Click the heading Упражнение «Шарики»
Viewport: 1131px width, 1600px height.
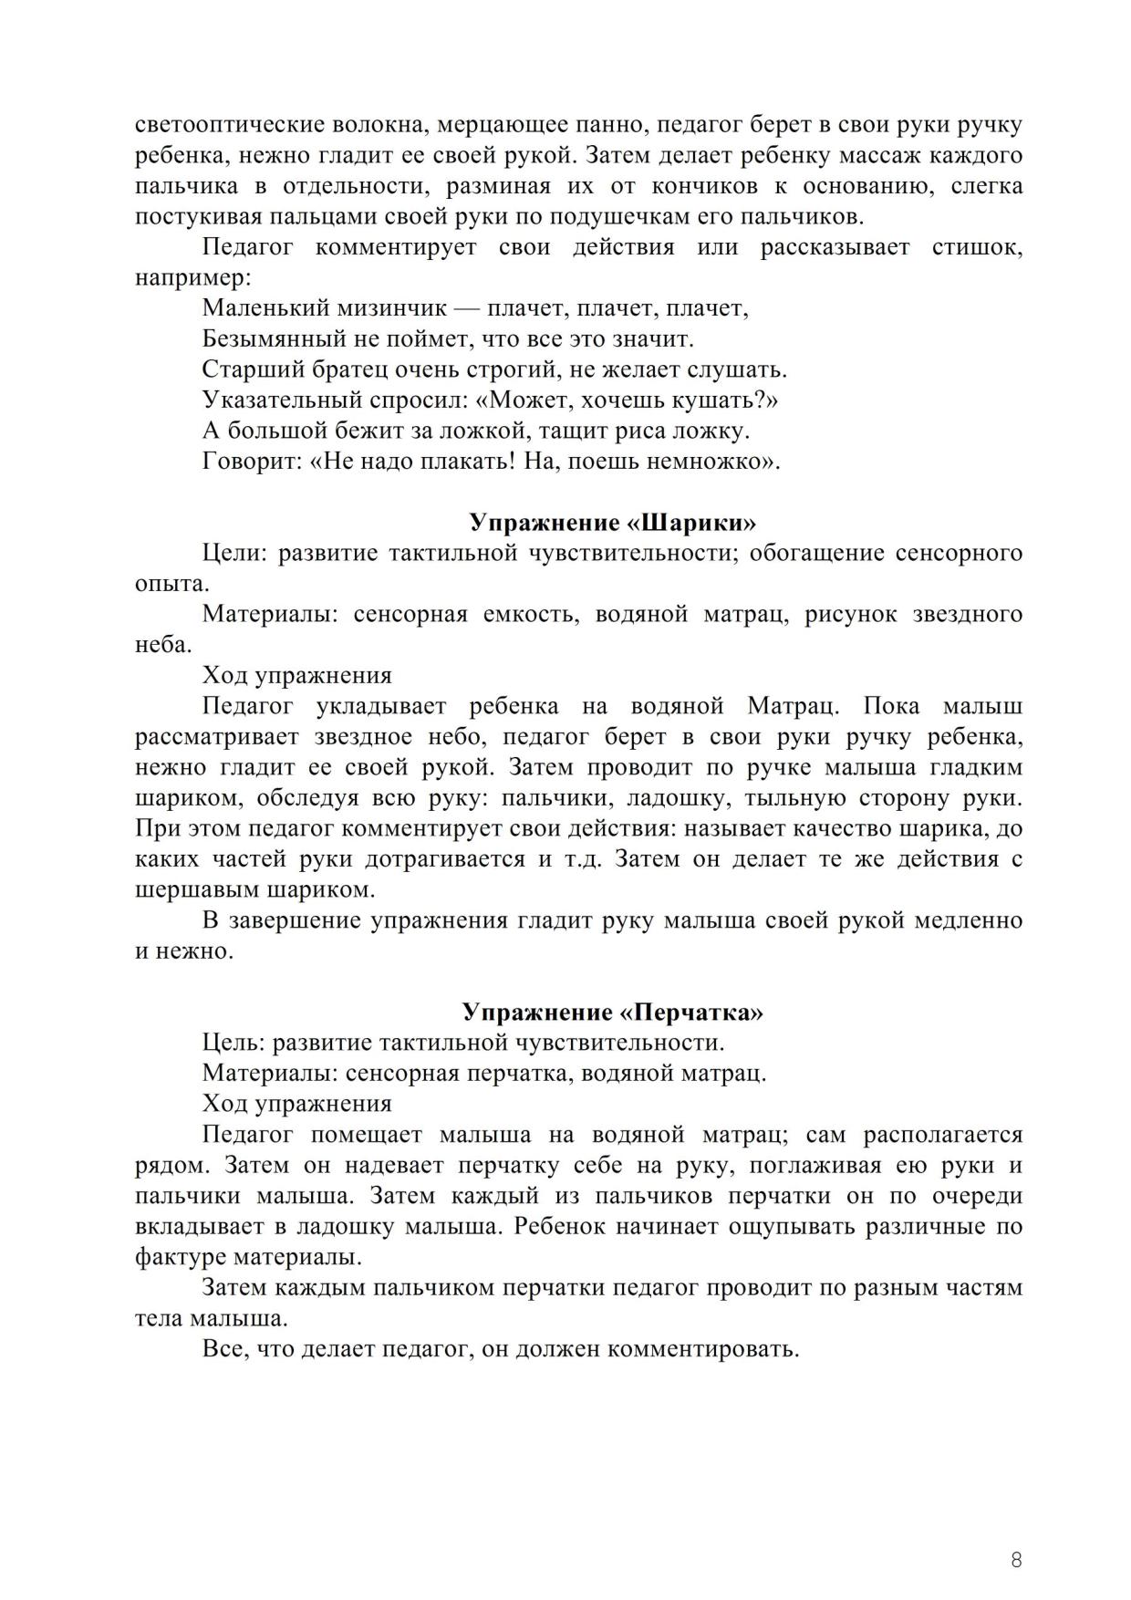pyautogui.click(x=613, y=523)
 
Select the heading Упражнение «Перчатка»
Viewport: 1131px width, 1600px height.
pyautogui.click(x=612, y=1013)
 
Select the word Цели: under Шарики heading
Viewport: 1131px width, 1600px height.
pyautogui.click(x=233, y=554)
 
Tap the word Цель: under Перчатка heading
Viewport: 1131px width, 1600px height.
pyautogui.click(x=233, y=1043)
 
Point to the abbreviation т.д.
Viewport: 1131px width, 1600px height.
pyautogui.click(x=578, y=859)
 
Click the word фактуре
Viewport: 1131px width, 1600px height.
pyautogui.click(x=180, y=1257)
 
